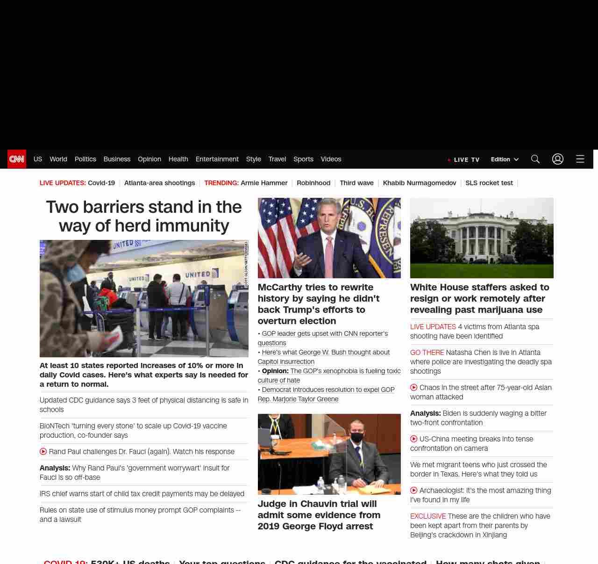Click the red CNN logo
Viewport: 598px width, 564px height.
(x=17, y=159)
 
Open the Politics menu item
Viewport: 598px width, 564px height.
(x=85, y=159)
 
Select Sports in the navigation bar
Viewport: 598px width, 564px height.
(x=303, y=159)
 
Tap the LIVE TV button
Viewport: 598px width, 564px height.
(x=464, y=159)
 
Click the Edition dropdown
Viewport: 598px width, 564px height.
(x=505, y=159)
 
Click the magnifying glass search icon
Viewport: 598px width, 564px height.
(x=535, y=159)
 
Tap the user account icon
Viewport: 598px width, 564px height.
(x=558, y=159)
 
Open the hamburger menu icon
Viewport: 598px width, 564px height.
(x=580, y=159)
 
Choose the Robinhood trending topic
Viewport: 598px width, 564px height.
(x=313, y=183)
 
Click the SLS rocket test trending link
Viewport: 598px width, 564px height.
(x=489, y=183)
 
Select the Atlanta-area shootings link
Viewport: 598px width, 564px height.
(x=159, y=183)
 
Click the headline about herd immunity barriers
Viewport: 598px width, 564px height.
(x=144, y=216)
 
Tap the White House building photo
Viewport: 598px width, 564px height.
(x=482, y=238)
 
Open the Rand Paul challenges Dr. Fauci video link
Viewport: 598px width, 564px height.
(x=142, y=452)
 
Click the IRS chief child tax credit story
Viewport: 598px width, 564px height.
(x=142, y=494)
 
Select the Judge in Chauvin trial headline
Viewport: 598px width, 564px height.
(x=319, y=515)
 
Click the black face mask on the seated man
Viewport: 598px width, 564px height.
(x=357, y=438)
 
